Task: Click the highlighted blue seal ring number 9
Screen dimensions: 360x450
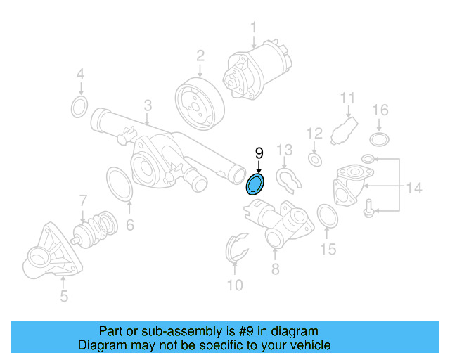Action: pyautogui.click(x=255, y=185)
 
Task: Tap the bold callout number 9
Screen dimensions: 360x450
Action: pyautogui.click(x=259, y=153)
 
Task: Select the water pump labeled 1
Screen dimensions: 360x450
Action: pyautogui.click(x=256, y=68)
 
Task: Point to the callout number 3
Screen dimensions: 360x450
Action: pyautogui.click(x=148, y=105)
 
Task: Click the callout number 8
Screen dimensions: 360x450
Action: pyautogui.click(x=275, y=269)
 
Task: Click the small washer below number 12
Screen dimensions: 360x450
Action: pyautogui.click(x=315, y=161)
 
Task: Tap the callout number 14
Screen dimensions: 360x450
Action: pyautogui.click(x=414, y=188)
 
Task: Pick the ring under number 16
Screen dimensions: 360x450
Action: pyautogui.click(x=380, y=138)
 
